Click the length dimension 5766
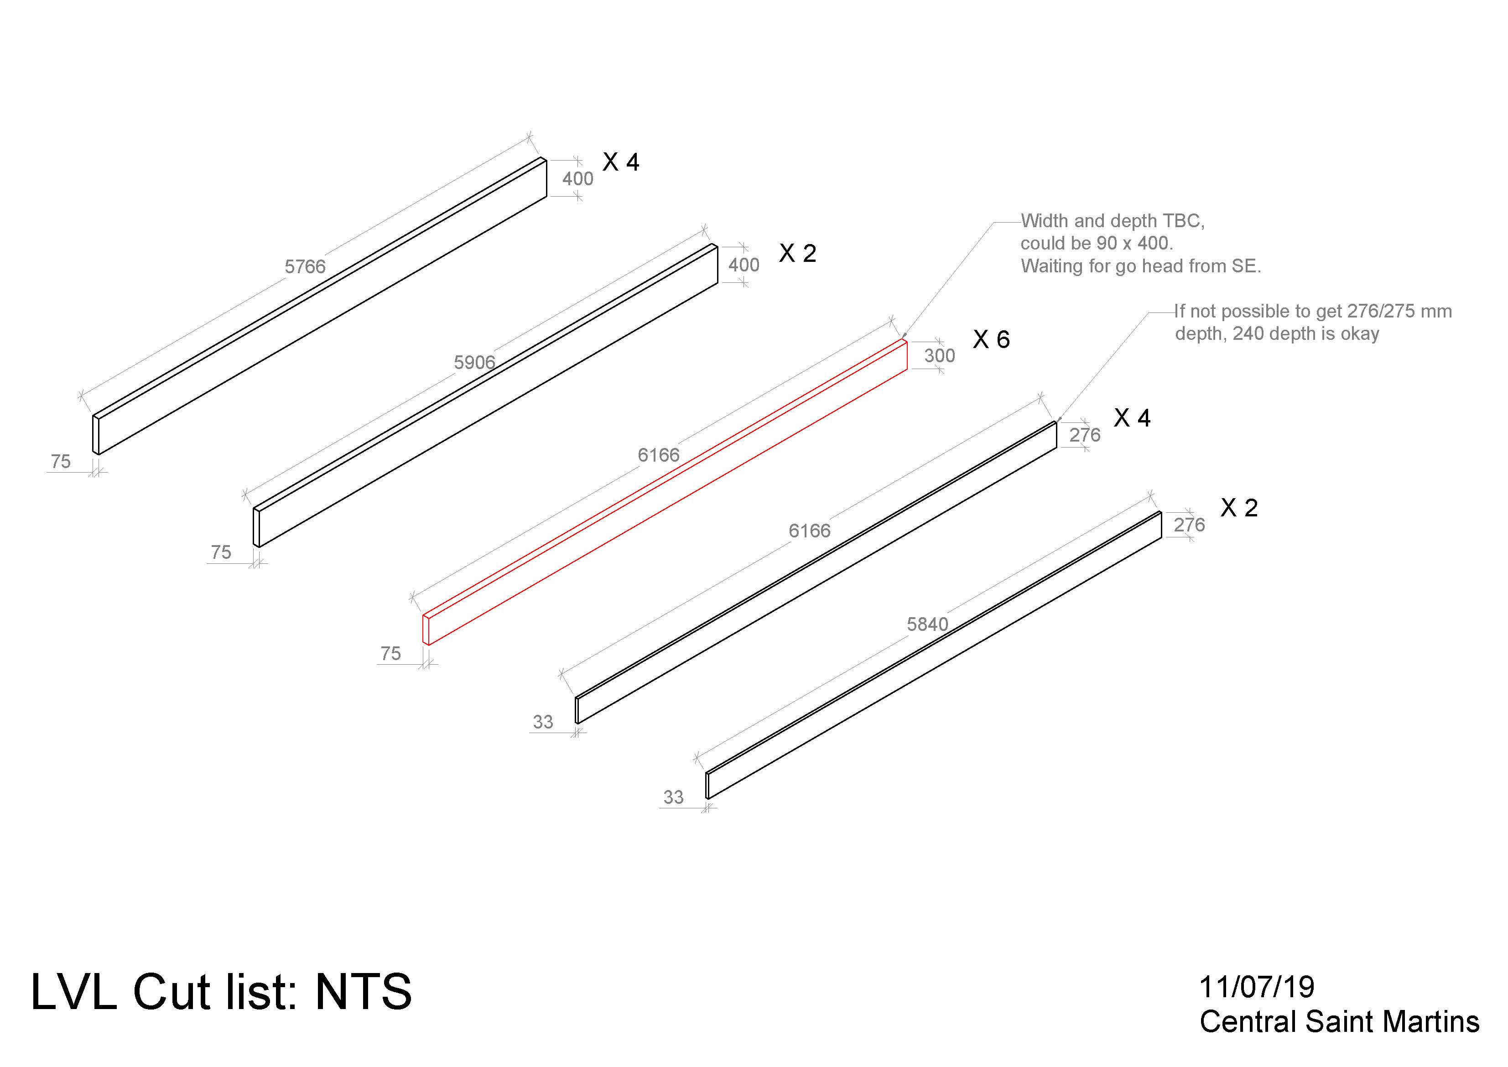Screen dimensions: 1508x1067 click(305, 267)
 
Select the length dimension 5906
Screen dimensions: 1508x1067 click(474, 362)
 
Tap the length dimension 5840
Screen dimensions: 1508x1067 click(927, 624)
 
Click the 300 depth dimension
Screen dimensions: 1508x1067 click(939, 355)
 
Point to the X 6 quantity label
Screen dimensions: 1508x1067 click(991, 339)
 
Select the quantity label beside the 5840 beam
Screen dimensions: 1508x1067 click(1239, 507)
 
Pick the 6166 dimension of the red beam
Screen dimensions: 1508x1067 click(658, 455)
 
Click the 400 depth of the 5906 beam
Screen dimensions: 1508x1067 click(744, 265)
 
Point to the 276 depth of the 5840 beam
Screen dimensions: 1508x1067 click(1190, 525)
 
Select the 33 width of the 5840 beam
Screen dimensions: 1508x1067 click(673, 797)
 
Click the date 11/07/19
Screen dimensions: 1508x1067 click(1257, 987)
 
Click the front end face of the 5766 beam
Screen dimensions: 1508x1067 click(96, 435)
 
